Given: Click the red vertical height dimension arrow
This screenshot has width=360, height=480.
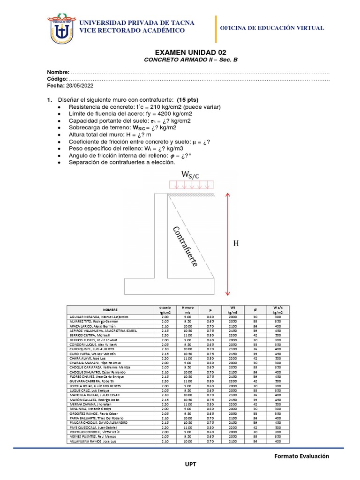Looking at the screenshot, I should click(227, 244).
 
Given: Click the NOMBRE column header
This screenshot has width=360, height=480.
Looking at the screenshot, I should click(111, 310).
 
